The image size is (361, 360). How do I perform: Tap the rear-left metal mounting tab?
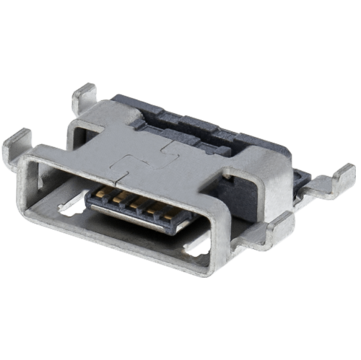pos(85,95)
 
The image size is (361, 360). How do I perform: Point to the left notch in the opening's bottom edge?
pos(69,209)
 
